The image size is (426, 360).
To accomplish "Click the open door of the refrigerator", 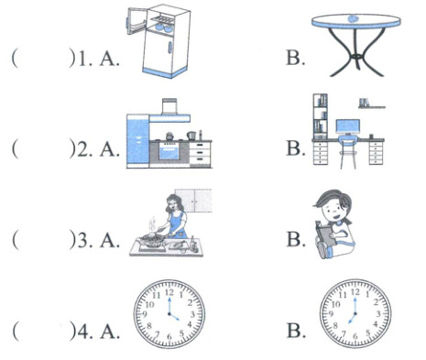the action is tap(136, 21).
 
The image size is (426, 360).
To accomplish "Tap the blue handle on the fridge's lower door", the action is tap(170, 49).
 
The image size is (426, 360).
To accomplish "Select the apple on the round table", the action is tap(354, 18).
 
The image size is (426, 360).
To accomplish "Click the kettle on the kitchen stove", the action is tap(169, 136).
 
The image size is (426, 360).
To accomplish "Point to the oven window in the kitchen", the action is tap(169, 153).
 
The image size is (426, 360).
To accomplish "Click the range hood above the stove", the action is tap(169, 111).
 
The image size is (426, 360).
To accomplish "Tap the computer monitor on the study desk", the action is tap(348, 127).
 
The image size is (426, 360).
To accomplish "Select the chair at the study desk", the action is tap(348, 152).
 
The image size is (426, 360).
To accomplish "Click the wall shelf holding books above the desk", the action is tap(371, 104).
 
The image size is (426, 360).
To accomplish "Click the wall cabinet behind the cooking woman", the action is tap(193, 201).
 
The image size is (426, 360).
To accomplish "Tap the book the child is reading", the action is tap(325, 233).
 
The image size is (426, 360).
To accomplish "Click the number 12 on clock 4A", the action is tap(169, 292).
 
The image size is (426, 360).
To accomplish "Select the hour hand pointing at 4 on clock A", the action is tap(174, 317).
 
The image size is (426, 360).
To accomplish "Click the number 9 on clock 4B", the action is tap(331, 314).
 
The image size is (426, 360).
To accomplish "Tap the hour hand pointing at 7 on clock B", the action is tap(352, 319).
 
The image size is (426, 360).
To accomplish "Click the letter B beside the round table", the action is tap(295, 58).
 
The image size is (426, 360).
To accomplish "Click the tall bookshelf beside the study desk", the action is tap(321, 116).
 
